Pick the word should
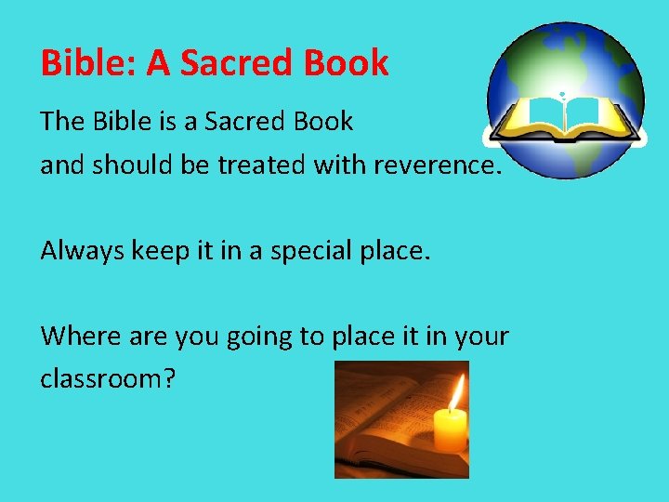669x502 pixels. click(x=130, y=165)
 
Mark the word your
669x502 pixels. click(x=483, y=337)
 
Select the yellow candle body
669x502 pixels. click(x=451, y=430)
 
